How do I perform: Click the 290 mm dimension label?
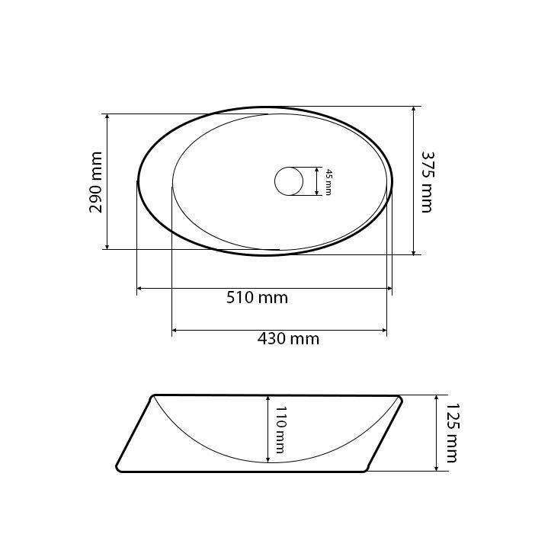tap(95, 182)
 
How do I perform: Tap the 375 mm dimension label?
tap(428, 182)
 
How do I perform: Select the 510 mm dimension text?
tap(258, 298)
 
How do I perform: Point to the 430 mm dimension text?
tap(288, 339)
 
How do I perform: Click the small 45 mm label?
tap(328, 182)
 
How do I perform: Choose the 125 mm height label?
tap(453, 433)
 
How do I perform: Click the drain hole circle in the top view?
tap(289, 181)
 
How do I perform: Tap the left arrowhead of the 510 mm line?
tap(139, 289)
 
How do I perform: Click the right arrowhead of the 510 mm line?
tap(389, 289)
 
